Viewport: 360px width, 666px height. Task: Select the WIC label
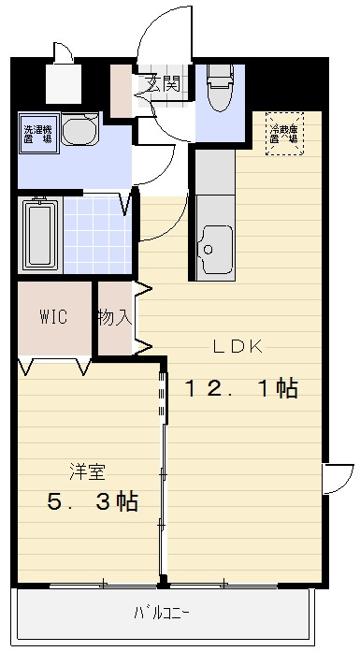coord(52,316)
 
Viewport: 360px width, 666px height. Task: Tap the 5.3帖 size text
coord(93,501)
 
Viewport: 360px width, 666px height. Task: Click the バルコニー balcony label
coord(161,614)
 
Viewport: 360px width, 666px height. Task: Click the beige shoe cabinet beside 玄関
coord(122,89)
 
